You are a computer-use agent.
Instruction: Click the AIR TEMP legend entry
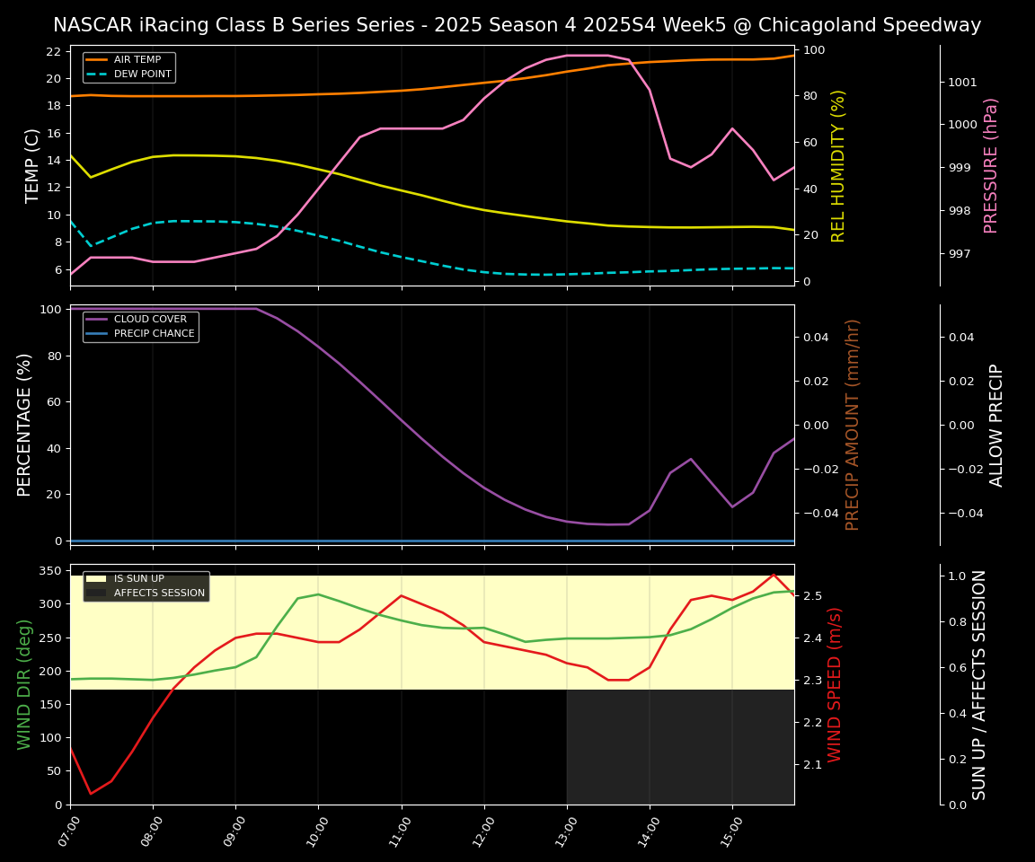tap(137, 59)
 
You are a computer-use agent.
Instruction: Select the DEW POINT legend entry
tap(142, 74)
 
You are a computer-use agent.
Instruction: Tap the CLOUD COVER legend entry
tap(150, 319)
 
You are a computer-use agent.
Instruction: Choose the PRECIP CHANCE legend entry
tap(154, 333)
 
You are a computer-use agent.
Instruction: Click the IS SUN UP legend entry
tap(138, 579)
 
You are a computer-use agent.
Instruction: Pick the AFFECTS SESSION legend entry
tap(159, 593)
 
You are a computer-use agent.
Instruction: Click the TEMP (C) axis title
tap(32, 165)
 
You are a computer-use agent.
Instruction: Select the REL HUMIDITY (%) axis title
tap(839, 165)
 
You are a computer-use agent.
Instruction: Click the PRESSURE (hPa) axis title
tap(991, 165)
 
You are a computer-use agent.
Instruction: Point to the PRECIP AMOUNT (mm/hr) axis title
tap(853, 424)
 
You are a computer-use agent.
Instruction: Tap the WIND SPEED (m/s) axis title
tap(835, 684)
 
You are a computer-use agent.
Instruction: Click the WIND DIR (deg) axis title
tap(24, 684)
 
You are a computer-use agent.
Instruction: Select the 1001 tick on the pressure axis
tap(962, 83)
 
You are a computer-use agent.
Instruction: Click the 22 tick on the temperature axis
tap(53, 51)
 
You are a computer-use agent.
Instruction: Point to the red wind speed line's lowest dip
tap(91, 794)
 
